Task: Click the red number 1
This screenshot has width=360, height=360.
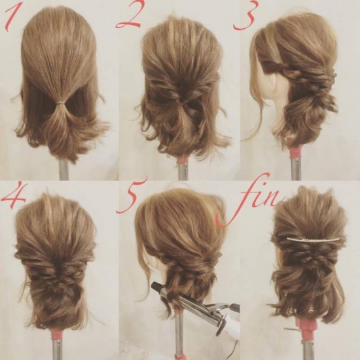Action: tap(12, 19)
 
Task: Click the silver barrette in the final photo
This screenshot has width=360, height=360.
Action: tap(313, 239)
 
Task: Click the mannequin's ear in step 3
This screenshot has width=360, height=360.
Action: tap(278, 84)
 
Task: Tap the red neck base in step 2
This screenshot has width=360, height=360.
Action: tap(183, 160)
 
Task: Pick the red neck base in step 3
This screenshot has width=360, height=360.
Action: tap(296, 153)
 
